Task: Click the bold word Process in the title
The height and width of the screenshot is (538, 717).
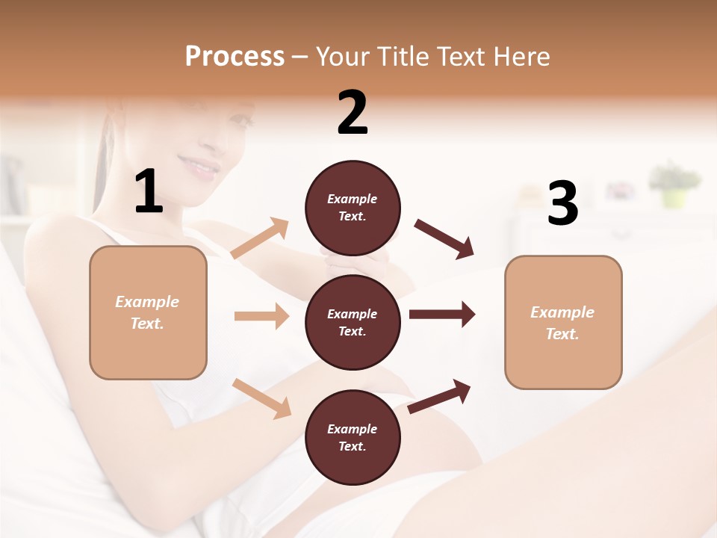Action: (x=235, y=56)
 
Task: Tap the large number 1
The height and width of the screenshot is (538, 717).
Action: (x=149, y=192)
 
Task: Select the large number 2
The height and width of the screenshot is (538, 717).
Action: (x=353, y=113)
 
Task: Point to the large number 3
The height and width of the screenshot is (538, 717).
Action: (x=562, y=204)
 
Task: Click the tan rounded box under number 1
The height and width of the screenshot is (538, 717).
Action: (x=148, y=312)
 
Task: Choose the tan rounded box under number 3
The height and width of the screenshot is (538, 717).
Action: (x=563, y=322)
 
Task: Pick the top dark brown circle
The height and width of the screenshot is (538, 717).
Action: (x=353, y=207)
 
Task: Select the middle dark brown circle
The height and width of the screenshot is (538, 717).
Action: (x=353, y=322)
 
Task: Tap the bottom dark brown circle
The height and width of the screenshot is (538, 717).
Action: (x=353, y=437)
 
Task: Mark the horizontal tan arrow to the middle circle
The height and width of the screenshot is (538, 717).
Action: (x=261, y=316)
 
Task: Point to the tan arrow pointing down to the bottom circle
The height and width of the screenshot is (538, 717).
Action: (x=262, y=398)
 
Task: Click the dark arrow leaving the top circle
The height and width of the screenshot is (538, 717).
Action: (x=444, y=238)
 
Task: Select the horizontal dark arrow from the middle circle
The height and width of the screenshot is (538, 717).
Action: (x=441, y=315)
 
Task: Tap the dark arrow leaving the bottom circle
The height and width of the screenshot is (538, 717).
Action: (x=440, y=396)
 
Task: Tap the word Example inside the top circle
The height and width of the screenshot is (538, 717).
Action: (x=353, y=199)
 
